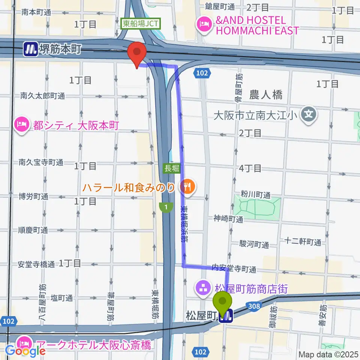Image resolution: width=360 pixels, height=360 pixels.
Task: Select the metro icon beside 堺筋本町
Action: [x=30, y=49]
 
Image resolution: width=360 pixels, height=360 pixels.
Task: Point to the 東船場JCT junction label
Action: [x=141, y=24]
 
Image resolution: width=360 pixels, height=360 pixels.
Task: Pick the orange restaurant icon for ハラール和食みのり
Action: [x=188, y=186]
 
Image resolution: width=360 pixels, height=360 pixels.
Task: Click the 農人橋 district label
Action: [x=266, y=95]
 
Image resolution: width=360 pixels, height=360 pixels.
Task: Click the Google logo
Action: [x=25, y=351]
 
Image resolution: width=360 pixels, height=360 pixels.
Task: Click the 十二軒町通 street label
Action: [x=303, y=242]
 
